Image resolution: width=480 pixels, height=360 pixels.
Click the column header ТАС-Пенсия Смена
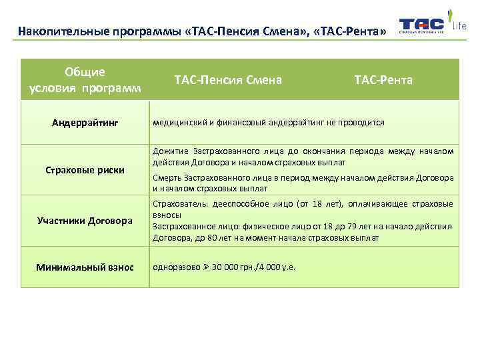pos(228,80)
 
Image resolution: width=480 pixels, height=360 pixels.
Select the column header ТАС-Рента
pos(383,80)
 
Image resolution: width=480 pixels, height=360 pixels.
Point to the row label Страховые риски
pos(85,170)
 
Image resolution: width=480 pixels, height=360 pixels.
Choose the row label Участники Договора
pos(85,221)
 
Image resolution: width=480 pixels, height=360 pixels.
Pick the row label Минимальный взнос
pos(85,267)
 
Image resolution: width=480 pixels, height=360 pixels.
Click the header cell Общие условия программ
pos(85,80)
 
